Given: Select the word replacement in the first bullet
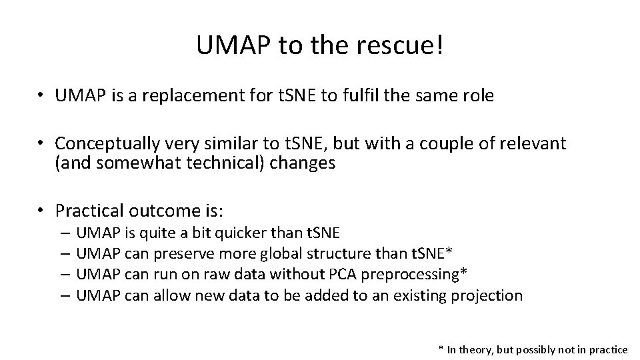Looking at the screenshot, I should point(186,96).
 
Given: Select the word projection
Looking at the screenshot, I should point(489,295).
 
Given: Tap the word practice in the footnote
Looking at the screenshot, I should point(605,350).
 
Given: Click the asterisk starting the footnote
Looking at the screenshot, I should point(441,349).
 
